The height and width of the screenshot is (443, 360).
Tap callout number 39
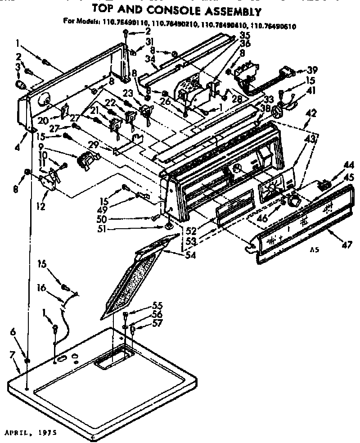click(x=312, y=70)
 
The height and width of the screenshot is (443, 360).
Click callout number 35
click(x=245, y=35)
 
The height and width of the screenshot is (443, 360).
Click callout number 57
click(x=144, y=322)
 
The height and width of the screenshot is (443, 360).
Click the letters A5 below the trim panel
click(x=315, y=249)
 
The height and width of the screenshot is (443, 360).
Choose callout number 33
click(x=269, y=99)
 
